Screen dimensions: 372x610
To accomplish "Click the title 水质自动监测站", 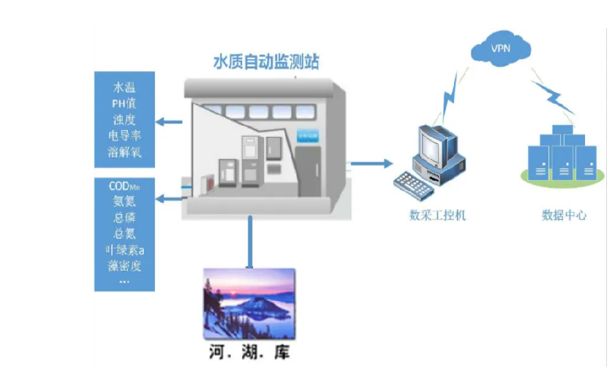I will click(x=265, y=61).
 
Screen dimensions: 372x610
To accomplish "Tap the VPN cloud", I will click(x=500, y=50).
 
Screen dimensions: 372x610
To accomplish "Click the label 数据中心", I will click(x=564, y=215).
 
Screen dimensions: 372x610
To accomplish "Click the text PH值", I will click(x=124, y=103).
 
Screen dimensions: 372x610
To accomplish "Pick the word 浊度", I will click(x=124, y=119).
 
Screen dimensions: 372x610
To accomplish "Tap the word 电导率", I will click(x=124, y=136).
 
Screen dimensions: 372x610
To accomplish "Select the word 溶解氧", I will click(x=124, y=153).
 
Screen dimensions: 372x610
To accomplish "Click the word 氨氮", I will click(x=124, y=201).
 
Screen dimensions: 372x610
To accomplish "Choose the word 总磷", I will click(x=124, y=217).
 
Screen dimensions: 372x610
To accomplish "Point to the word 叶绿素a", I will click(x=124, y=250).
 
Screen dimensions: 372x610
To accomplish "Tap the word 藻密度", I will click(x=124, y=265).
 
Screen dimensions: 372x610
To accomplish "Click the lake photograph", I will click(x=249, y=303).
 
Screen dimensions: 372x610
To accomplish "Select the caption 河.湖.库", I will click(x=249, y=352).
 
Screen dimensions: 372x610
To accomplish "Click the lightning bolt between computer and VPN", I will click(x=453, y=96).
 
